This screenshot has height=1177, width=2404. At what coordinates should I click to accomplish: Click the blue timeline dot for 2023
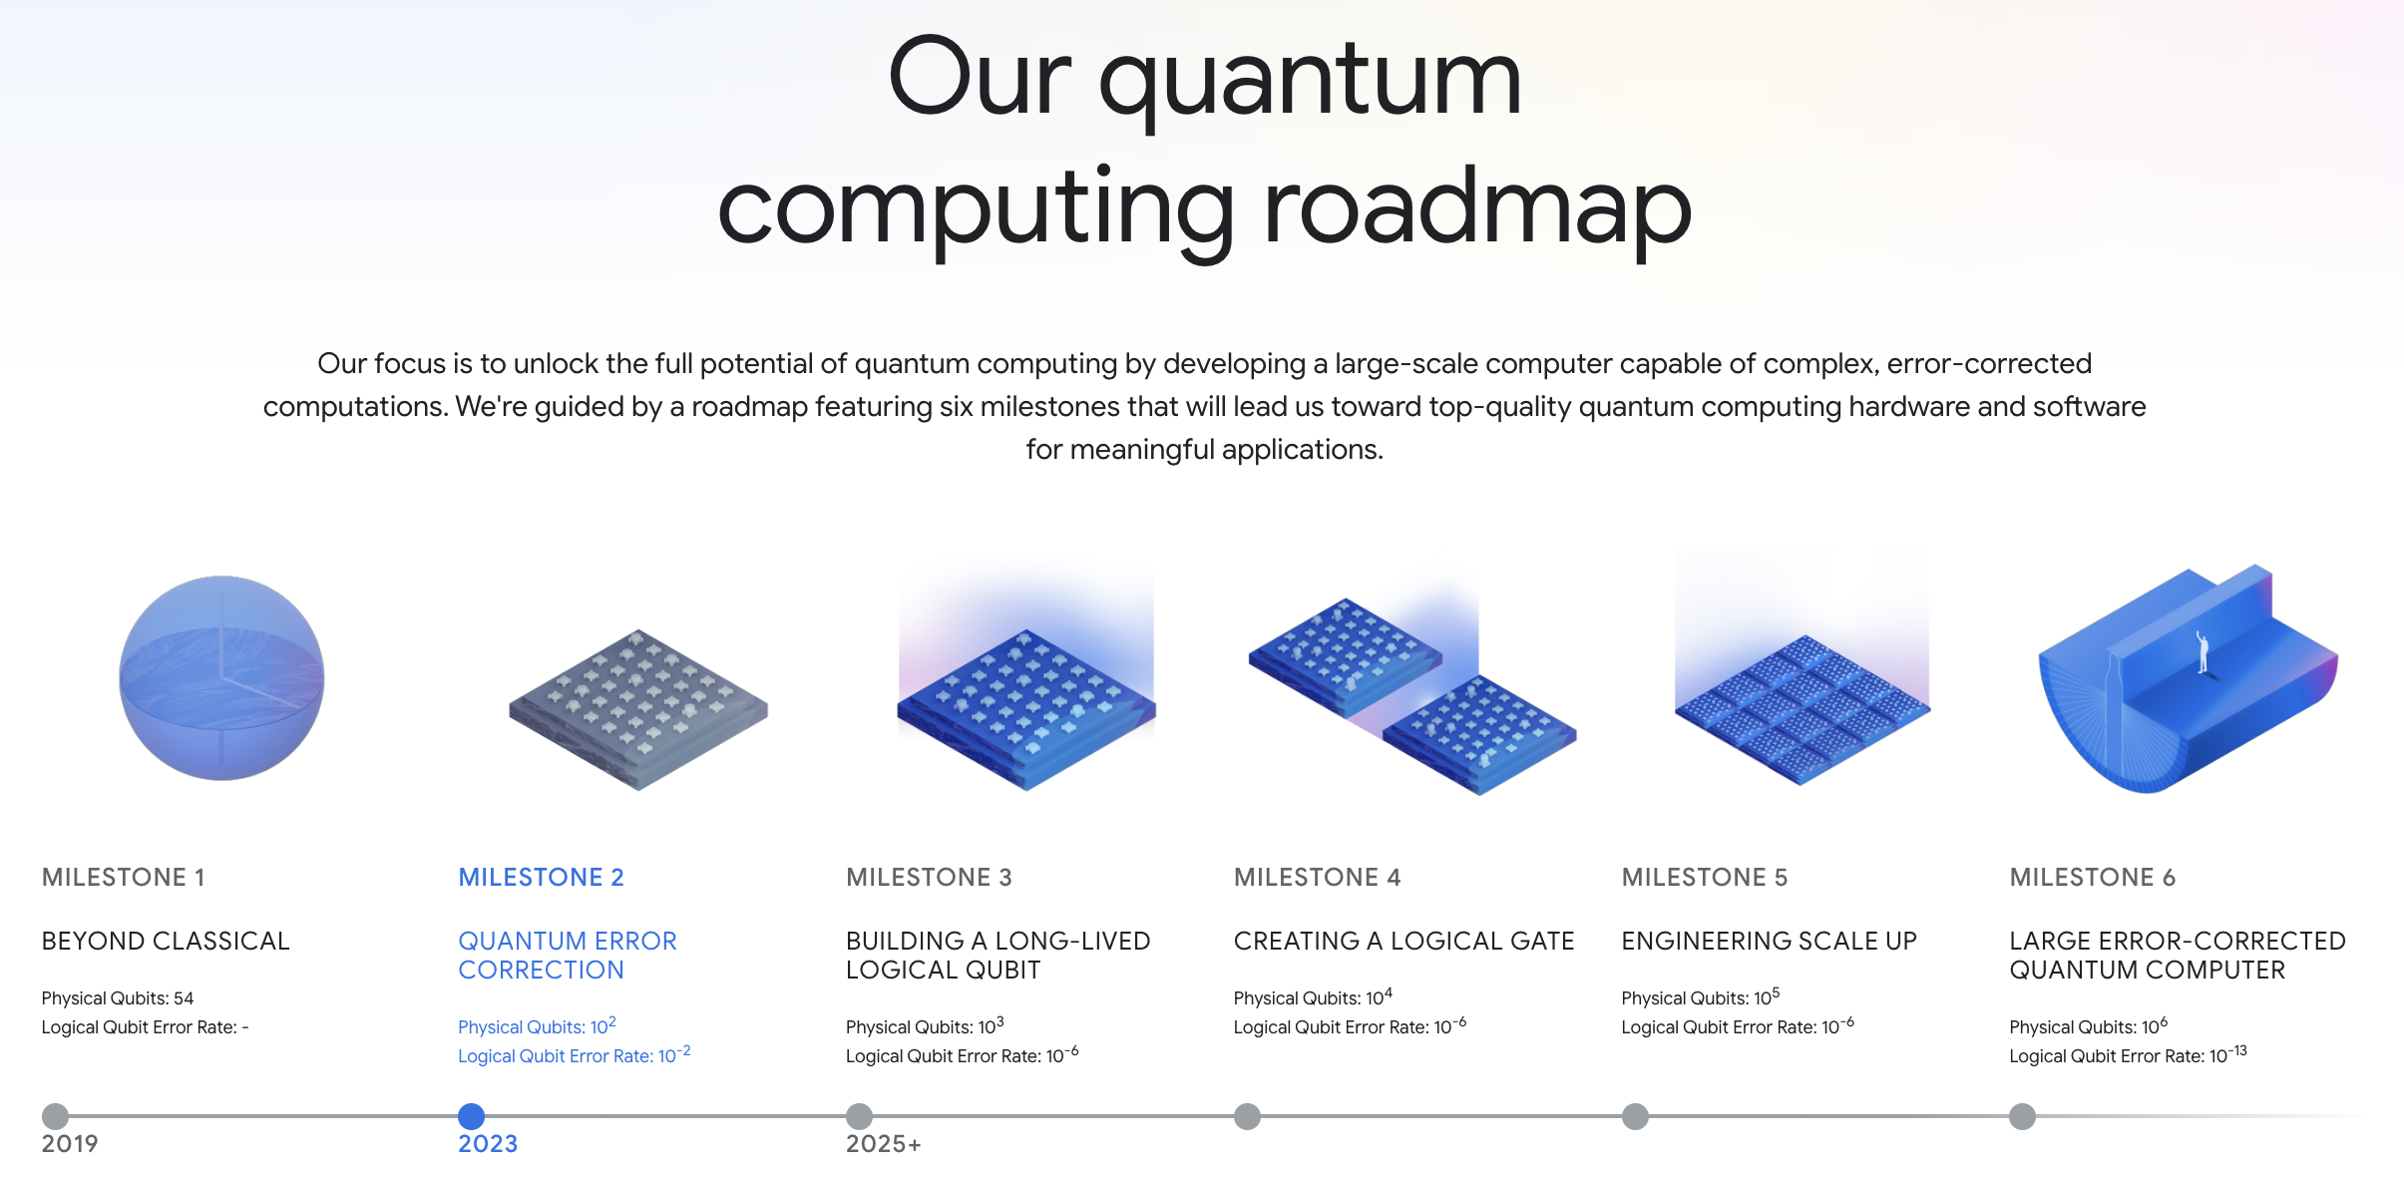(x=471, y=1116)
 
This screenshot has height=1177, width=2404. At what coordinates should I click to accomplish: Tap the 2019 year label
(x=70, y=1143)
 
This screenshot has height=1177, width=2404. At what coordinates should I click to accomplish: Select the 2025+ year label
(x=884, y=1143)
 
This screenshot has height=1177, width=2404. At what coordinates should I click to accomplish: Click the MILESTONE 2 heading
(x=541, y=877)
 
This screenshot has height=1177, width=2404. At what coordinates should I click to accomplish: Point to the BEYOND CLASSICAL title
(x=166, y=941)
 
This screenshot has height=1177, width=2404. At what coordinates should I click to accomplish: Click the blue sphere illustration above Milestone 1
(x=221, y=678)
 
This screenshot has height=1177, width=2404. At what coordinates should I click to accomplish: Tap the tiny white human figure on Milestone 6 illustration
(x=2203, y=652)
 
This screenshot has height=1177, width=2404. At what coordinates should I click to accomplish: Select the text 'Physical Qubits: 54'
(x=118, y=998)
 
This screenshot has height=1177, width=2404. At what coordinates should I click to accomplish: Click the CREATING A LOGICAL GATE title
(x=1403, y=941)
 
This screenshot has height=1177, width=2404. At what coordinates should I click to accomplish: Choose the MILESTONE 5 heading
(x=1705, y=877)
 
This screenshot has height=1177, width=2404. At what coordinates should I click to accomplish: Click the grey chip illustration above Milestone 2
(x=638, y=710)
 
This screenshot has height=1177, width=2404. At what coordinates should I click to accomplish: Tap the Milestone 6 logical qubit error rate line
(x=2128, y=1054)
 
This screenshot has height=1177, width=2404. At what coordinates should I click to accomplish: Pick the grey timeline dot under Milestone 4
(x=1247, y=1116)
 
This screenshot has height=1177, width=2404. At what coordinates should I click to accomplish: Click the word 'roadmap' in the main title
(x=1477, y=208)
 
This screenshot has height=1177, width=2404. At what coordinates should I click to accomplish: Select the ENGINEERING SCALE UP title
(x=1769, y=941)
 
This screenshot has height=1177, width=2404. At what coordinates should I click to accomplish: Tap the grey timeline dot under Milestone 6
(x=2022, y=1116)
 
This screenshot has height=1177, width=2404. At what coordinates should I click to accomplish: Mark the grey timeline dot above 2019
(x=56, y=1116)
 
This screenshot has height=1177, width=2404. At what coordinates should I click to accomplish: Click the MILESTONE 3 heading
(x=929, y=877)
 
